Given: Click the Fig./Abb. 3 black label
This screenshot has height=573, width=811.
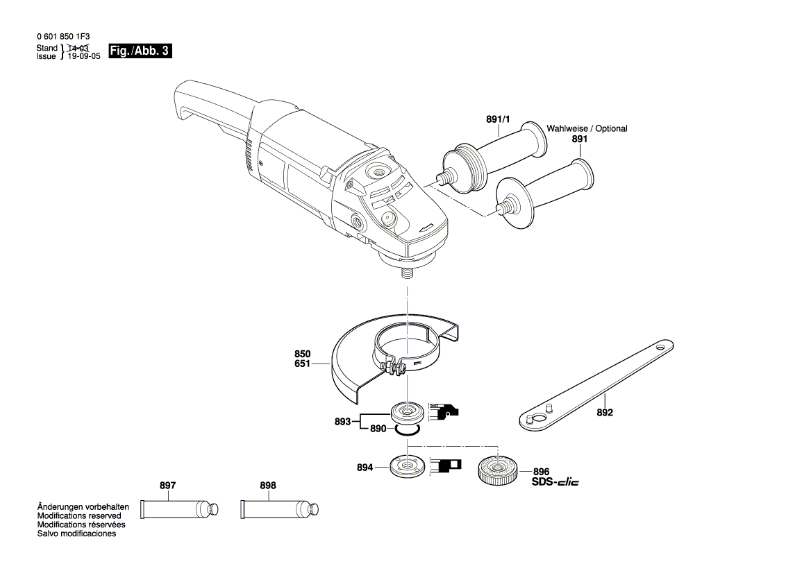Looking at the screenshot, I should click(x=140, y=51).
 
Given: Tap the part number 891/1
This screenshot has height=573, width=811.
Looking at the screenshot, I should click(x=498, y=120).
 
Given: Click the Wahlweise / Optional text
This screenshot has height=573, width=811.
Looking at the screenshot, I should click(x=587, y=129).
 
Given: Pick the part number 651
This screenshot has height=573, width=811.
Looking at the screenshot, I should click(x=303, y=363).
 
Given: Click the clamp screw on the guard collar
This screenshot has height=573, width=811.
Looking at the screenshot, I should click(x=394, y=368).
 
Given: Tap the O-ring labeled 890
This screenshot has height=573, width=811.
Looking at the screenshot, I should click(x=407, y=430).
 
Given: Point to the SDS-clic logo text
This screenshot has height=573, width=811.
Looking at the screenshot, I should click(x=555, y=481).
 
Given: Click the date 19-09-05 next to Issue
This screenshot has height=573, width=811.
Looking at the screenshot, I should click(x=84, y=56).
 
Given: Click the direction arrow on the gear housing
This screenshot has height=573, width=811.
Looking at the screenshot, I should click(x=427, y=228).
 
